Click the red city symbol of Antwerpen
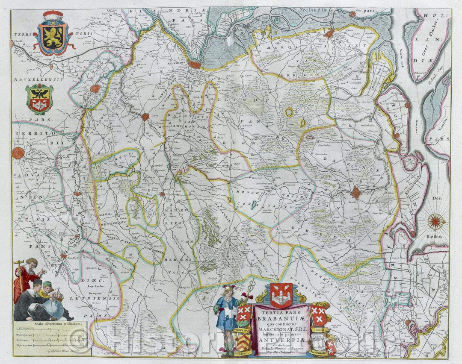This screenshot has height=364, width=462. pos(195,65)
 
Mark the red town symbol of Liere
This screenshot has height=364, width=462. pos(145,117)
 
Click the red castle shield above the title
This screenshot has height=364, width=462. pos(281,294)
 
